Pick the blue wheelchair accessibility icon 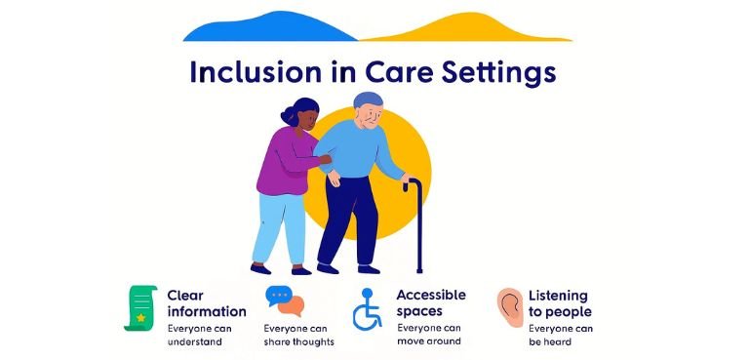369,309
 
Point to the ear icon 509,307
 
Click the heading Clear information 206,302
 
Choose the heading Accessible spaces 431,302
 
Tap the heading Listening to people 560,302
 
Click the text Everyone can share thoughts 298,335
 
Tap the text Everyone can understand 200,335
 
